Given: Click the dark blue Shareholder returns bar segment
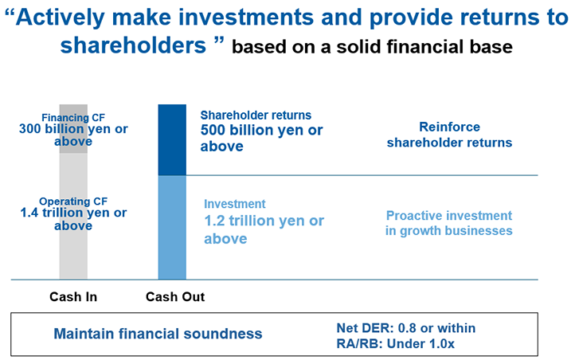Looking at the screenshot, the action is (172, 139).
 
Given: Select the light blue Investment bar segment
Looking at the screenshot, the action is (172, 227).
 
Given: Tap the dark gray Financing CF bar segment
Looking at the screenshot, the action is (73, 129).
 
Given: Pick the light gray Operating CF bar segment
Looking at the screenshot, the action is (73, 217).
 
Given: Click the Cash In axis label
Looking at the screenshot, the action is (73, 296).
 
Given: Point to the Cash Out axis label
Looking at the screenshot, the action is (175, 296).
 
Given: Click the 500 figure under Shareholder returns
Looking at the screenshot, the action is (211, 130).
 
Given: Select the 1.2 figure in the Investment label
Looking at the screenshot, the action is (214, 221).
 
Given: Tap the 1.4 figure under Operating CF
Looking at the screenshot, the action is (29, 213).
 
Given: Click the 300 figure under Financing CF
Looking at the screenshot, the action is (30, 129).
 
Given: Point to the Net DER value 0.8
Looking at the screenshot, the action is (407, 328).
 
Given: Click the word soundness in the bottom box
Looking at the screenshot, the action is (223, 334).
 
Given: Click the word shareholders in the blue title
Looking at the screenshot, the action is (133, 45).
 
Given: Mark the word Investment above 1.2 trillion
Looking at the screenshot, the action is (235, 204).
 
